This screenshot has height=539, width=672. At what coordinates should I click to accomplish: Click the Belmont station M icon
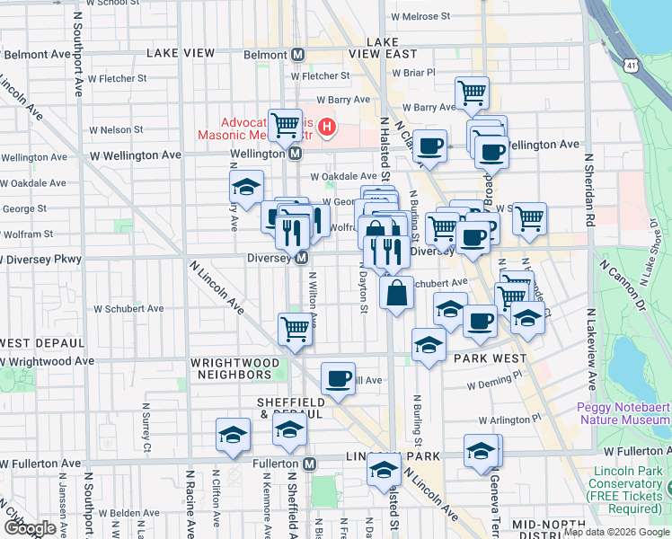point(296,54)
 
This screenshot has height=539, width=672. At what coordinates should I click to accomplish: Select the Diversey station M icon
point(305,259)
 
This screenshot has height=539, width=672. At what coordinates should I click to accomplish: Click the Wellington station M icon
point(295,155)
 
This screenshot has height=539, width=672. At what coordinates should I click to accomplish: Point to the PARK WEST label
point(490,358)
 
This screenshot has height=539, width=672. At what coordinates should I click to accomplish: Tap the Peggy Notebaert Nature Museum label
point(624,413)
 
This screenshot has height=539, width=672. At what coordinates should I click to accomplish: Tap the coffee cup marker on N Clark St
point(430,145)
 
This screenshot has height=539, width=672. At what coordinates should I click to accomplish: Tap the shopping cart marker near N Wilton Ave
point(295,329)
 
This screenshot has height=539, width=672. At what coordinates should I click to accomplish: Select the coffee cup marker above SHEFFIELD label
point(338,378)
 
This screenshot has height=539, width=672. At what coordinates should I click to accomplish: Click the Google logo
point(31,528)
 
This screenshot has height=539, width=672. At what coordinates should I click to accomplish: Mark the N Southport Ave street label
point(79,63)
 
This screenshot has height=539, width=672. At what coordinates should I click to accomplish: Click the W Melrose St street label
point(420,17)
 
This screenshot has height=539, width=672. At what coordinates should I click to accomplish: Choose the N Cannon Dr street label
point(641,269)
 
